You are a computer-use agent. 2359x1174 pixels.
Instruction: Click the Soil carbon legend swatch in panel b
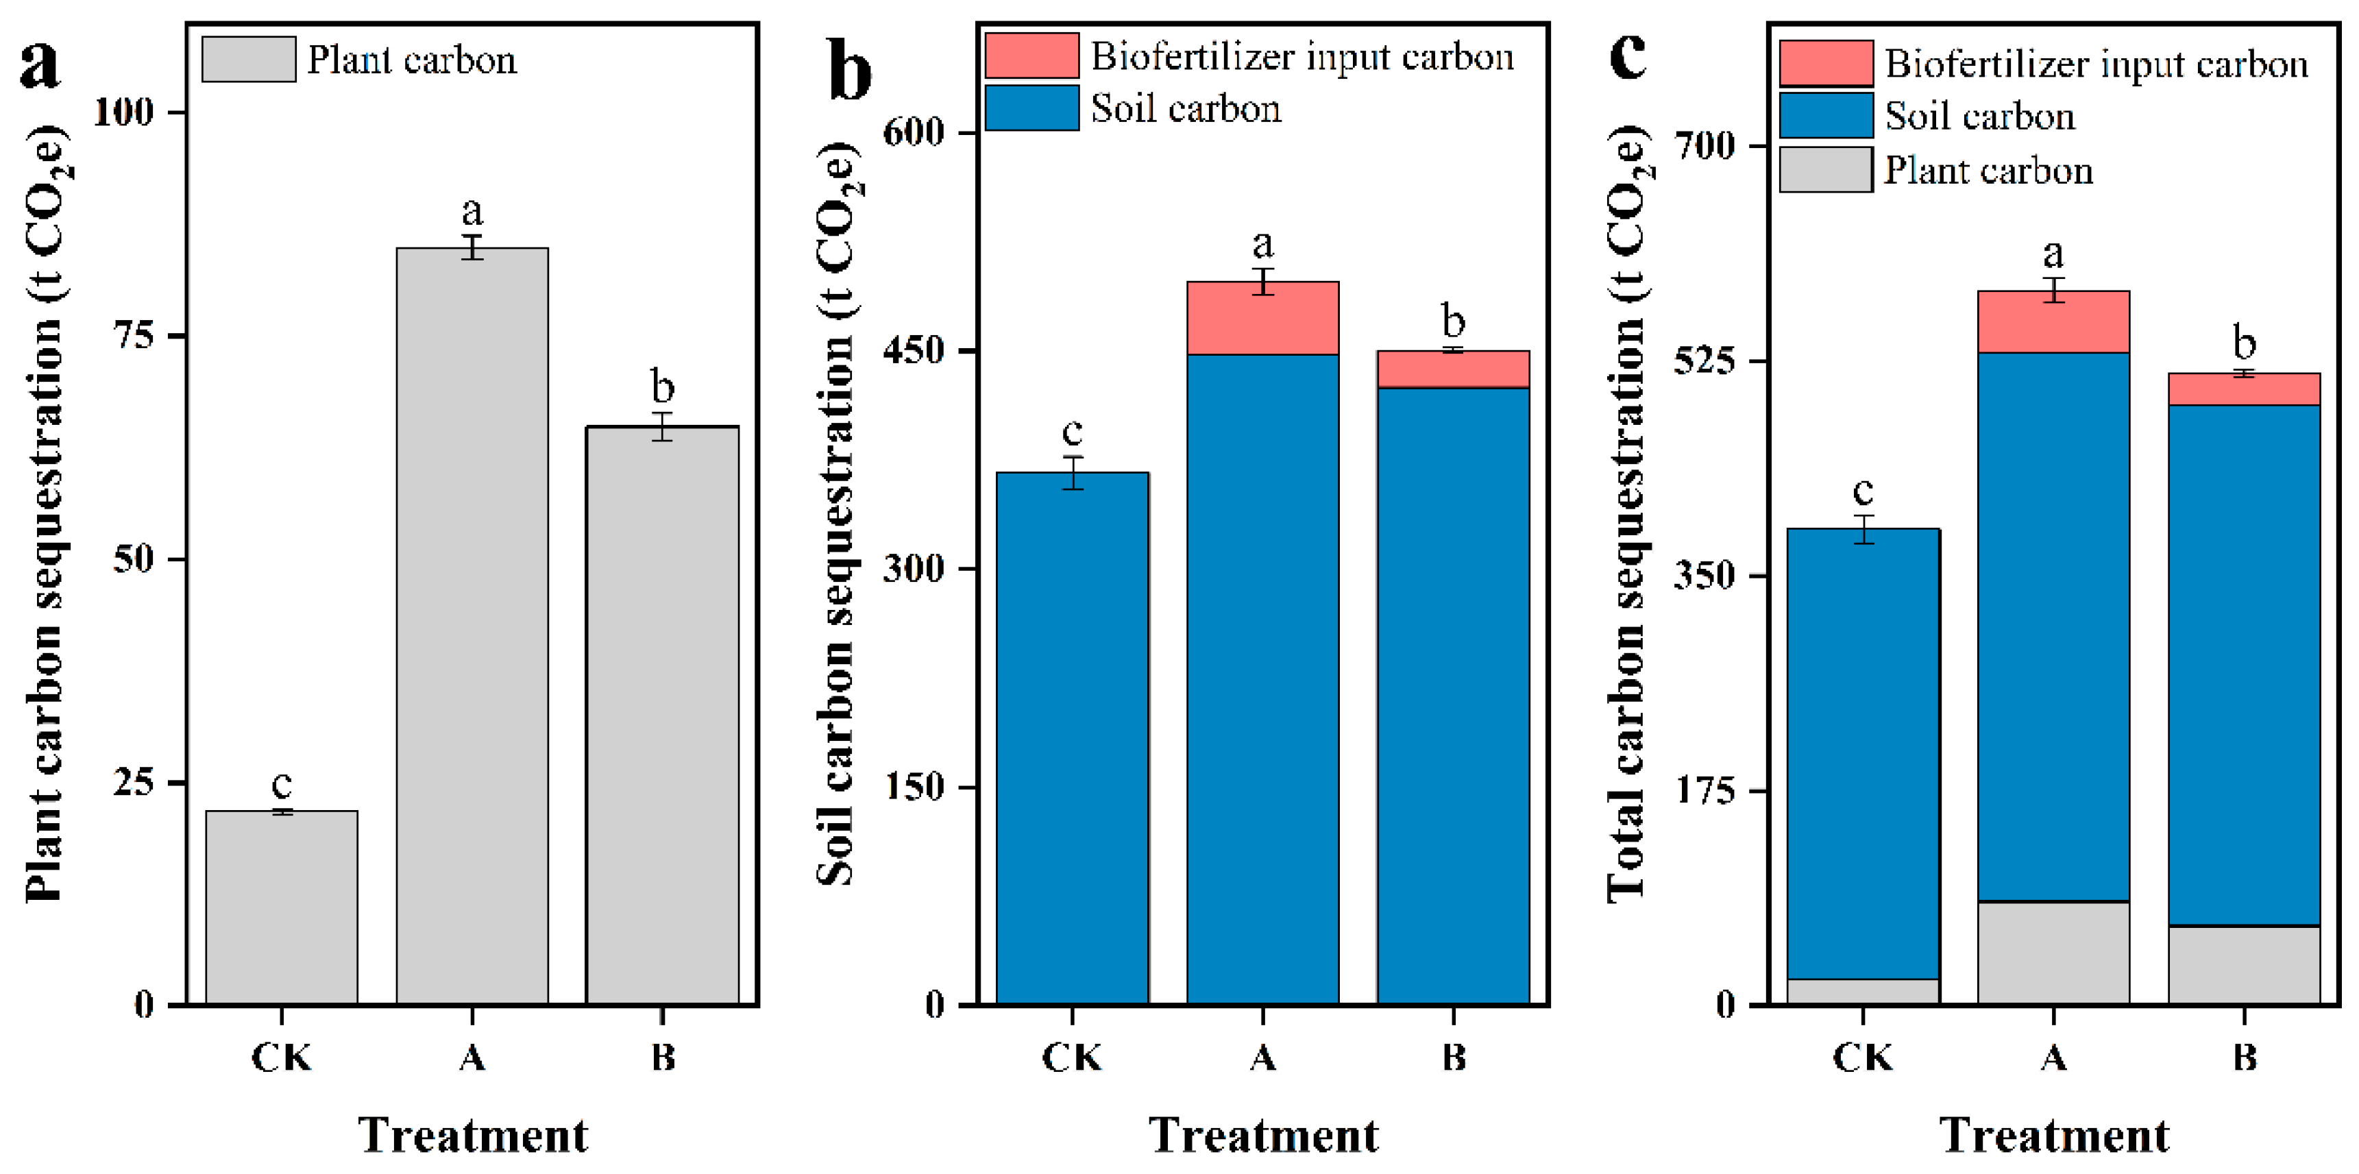point(1031,108)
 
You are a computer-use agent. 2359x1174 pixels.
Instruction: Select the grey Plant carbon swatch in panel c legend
point(1825,171)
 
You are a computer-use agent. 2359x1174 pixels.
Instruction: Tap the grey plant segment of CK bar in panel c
point(1863,991)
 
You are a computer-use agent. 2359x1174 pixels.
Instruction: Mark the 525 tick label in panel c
point(1704,360)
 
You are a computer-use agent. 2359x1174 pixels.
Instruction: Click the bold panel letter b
point(849,71)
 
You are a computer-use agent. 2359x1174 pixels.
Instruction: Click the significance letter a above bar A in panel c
point(2053,253)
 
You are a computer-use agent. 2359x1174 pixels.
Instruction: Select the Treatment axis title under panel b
point(1263,1136)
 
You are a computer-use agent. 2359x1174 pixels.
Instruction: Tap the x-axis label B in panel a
point(662,1057)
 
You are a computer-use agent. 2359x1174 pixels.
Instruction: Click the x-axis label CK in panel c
point(1863,1057)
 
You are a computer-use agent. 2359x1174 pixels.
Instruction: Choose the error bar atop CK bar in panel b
point(1073,472)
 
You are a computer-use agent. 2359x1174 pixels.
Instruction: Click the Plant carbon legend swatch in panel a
point(248,60)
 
